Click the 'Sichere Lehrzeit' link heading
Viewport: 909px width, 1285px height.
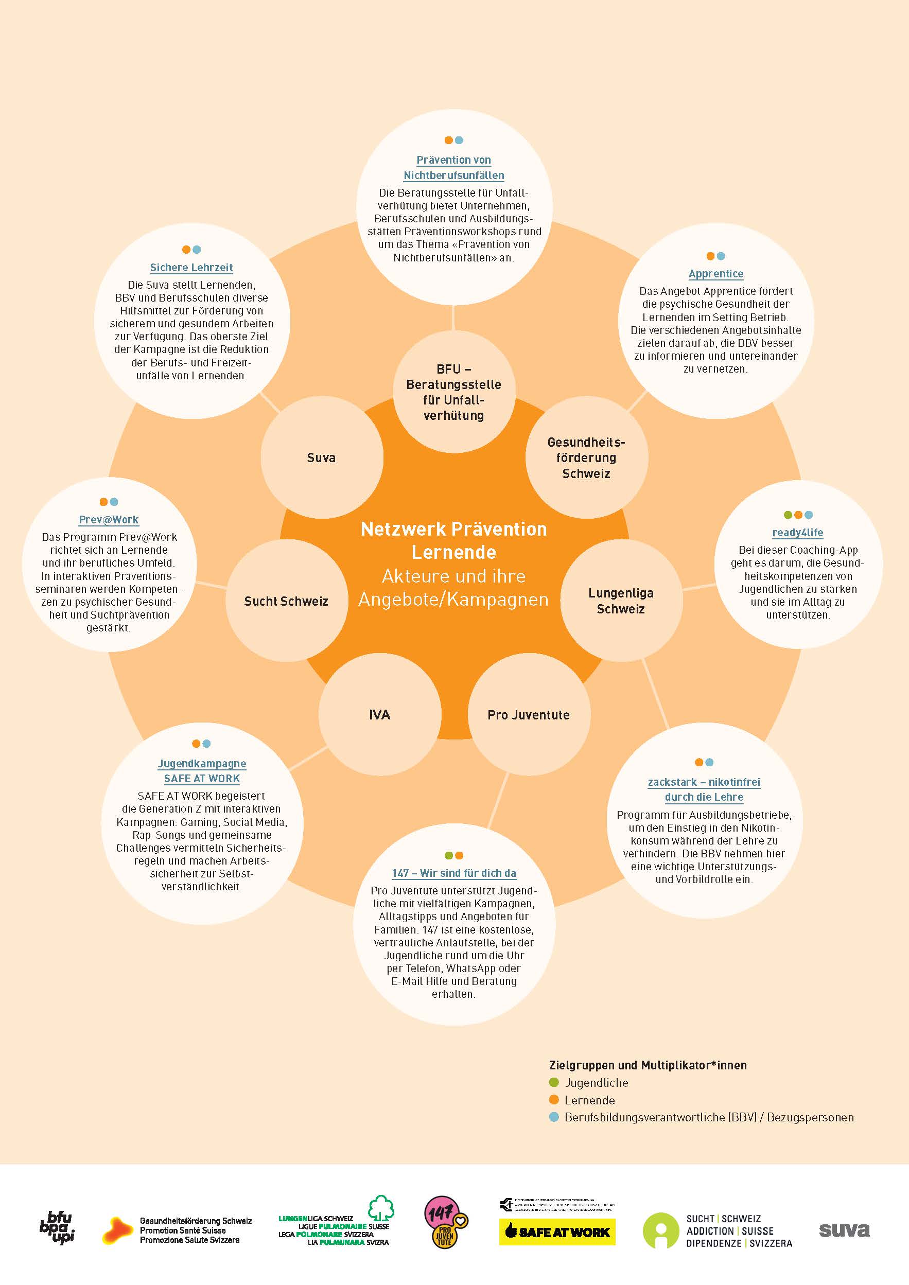[191, 268]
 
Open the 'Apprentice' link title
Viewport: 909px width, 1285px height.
[716, 274]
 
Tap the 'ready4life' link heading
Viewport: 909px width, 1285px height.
[798, 532]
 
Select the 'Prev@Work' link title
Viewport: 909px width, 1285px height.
[109, 519]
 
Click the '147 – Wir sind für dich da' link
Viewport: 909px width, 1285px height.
[454, 873]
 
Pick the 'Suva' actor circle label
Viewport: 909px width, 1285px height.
[321, 458]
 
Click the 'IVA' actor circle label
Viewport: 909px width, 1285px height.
[379, 715]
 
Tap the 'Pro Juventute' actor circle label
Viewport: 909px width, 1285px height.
[529, 715]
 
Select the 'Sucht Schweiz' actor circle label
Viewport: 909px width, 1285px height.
[286, 601]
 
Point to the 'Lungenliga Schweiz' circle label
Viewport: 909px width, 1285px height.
[621, 601]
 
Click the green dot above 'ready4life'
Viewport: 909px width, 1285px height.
[788, 515]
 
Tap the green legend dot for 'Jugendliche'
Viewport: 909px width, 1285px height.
[554, 1082]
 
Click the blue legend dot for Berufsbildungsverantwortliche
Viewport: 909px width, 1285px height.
[554, 1117]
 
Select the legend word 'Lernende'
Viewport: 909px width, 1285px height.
[589, 1100]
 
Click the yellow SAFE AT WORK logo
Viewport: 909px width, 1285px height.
[557, 1232]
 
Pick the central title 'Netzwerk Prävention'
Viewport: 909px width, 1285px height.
[453, 529]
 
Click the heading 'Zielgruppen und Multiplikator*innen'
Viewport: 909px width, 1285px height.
[648, 1065]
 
